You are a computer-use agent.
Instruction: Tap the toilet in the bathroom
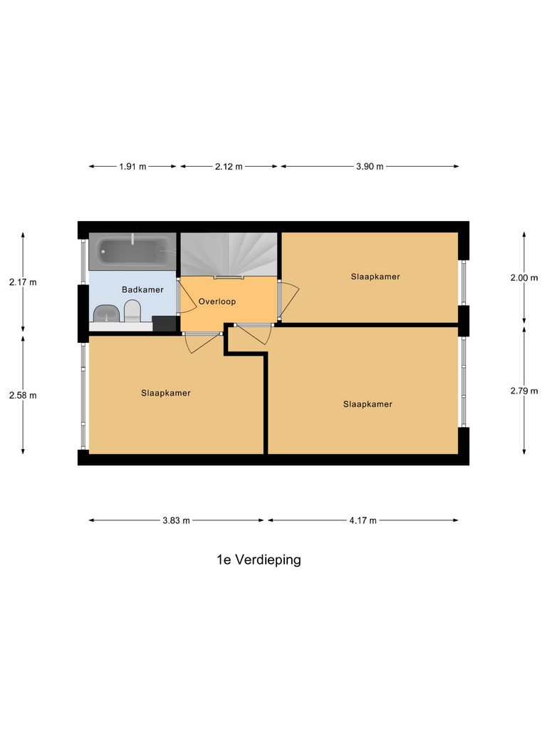coord(132,310)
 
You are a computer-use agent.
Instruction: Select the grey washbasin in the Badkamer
coord(106,312)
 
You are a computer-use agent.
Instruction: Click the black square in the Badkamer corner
coord(165,324)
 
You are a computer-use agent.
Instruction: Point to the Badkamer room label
coord(142,289)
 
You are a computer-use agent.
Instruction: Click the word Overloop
coord(217,302)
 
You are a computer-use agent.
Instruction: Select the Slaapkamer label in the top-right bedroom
coord(375,276)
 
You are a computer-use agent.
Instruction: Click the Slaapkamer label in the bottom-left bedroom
coord(166,393)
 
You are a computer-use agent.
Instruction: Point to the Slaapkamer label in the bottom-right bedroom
coord(368,403)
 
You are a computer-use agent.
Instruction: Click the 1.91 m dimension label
coord(132,167)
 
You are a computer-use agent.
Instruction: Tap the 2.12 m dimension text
coord(229,167)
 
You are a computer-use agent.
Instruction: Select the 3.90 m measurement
coord(370,167)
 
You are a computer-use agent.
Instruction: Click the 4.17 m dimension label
coord(363,520)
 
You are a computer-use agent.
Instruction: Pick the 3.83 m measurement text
coord(176,520)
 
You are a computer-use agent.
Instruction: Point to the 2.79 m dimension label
coord(524,390)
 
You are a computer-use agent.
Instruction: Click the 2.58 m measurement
coord(23,395)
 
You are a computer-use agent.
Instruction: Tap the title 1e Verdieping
coord(259,560)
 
